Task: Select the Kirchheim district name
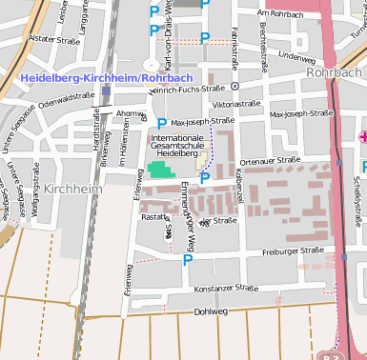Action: [71, 190]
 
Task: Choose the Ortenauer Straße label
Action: [270, 161]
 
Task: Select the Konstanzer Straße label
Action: [226, 288]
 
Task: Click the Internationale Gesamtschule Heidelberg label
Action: [175, 145]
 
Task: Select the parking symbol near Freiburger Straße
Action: [188, 259]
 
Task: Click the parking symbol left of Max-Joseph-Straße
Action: [161, 123]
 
